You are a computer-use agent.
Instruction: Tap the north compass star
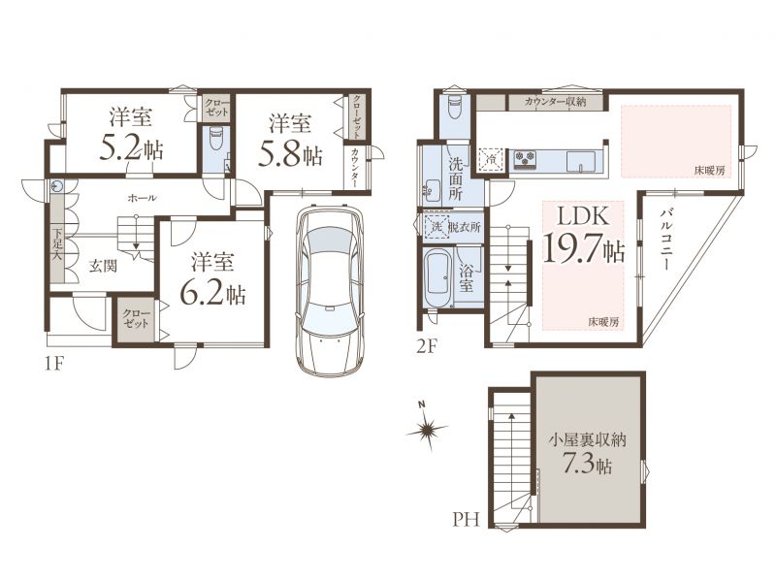(x=427, y=428)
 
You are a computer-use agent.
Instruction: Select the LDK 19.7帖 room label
(x=583, y=235)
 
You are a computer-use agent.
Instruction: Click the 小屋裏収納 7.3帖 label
(x=588, y=453)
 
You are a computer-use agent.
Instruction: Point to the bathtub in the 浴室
(x=438, y=277)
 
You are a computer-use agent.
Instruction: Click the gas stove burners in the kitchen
(x=526, y=159)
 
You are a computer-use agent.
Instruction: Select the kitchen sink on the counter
(x=580, y=160)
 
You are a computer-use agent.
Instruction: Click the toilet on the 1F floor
(x=216, y=139)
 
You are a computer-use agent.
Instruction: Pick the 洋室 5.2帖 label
(x=131, y=134)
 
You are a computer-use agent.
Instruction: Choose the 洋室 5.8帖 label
(x=290, y=140)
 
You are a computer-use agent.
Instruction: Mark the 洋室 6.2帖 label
(x=212, y=278)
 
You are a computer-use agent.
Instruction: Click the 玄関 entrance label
(x=104, y=266)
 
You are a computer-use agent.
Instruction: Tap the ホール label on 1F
(x=142, y=198)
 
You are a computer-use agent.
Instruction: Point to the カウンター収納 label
(x=556, y=102)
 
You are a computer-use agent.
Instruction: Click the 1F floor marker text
(x=54, y=364)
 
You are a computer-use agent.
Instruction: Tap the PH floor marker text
(x=467, y=520)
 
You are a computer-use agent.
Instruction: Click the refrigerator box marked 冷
(x=492, y=159)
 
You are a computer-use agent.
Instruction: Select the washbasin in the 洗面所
(x=431, y=190)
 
